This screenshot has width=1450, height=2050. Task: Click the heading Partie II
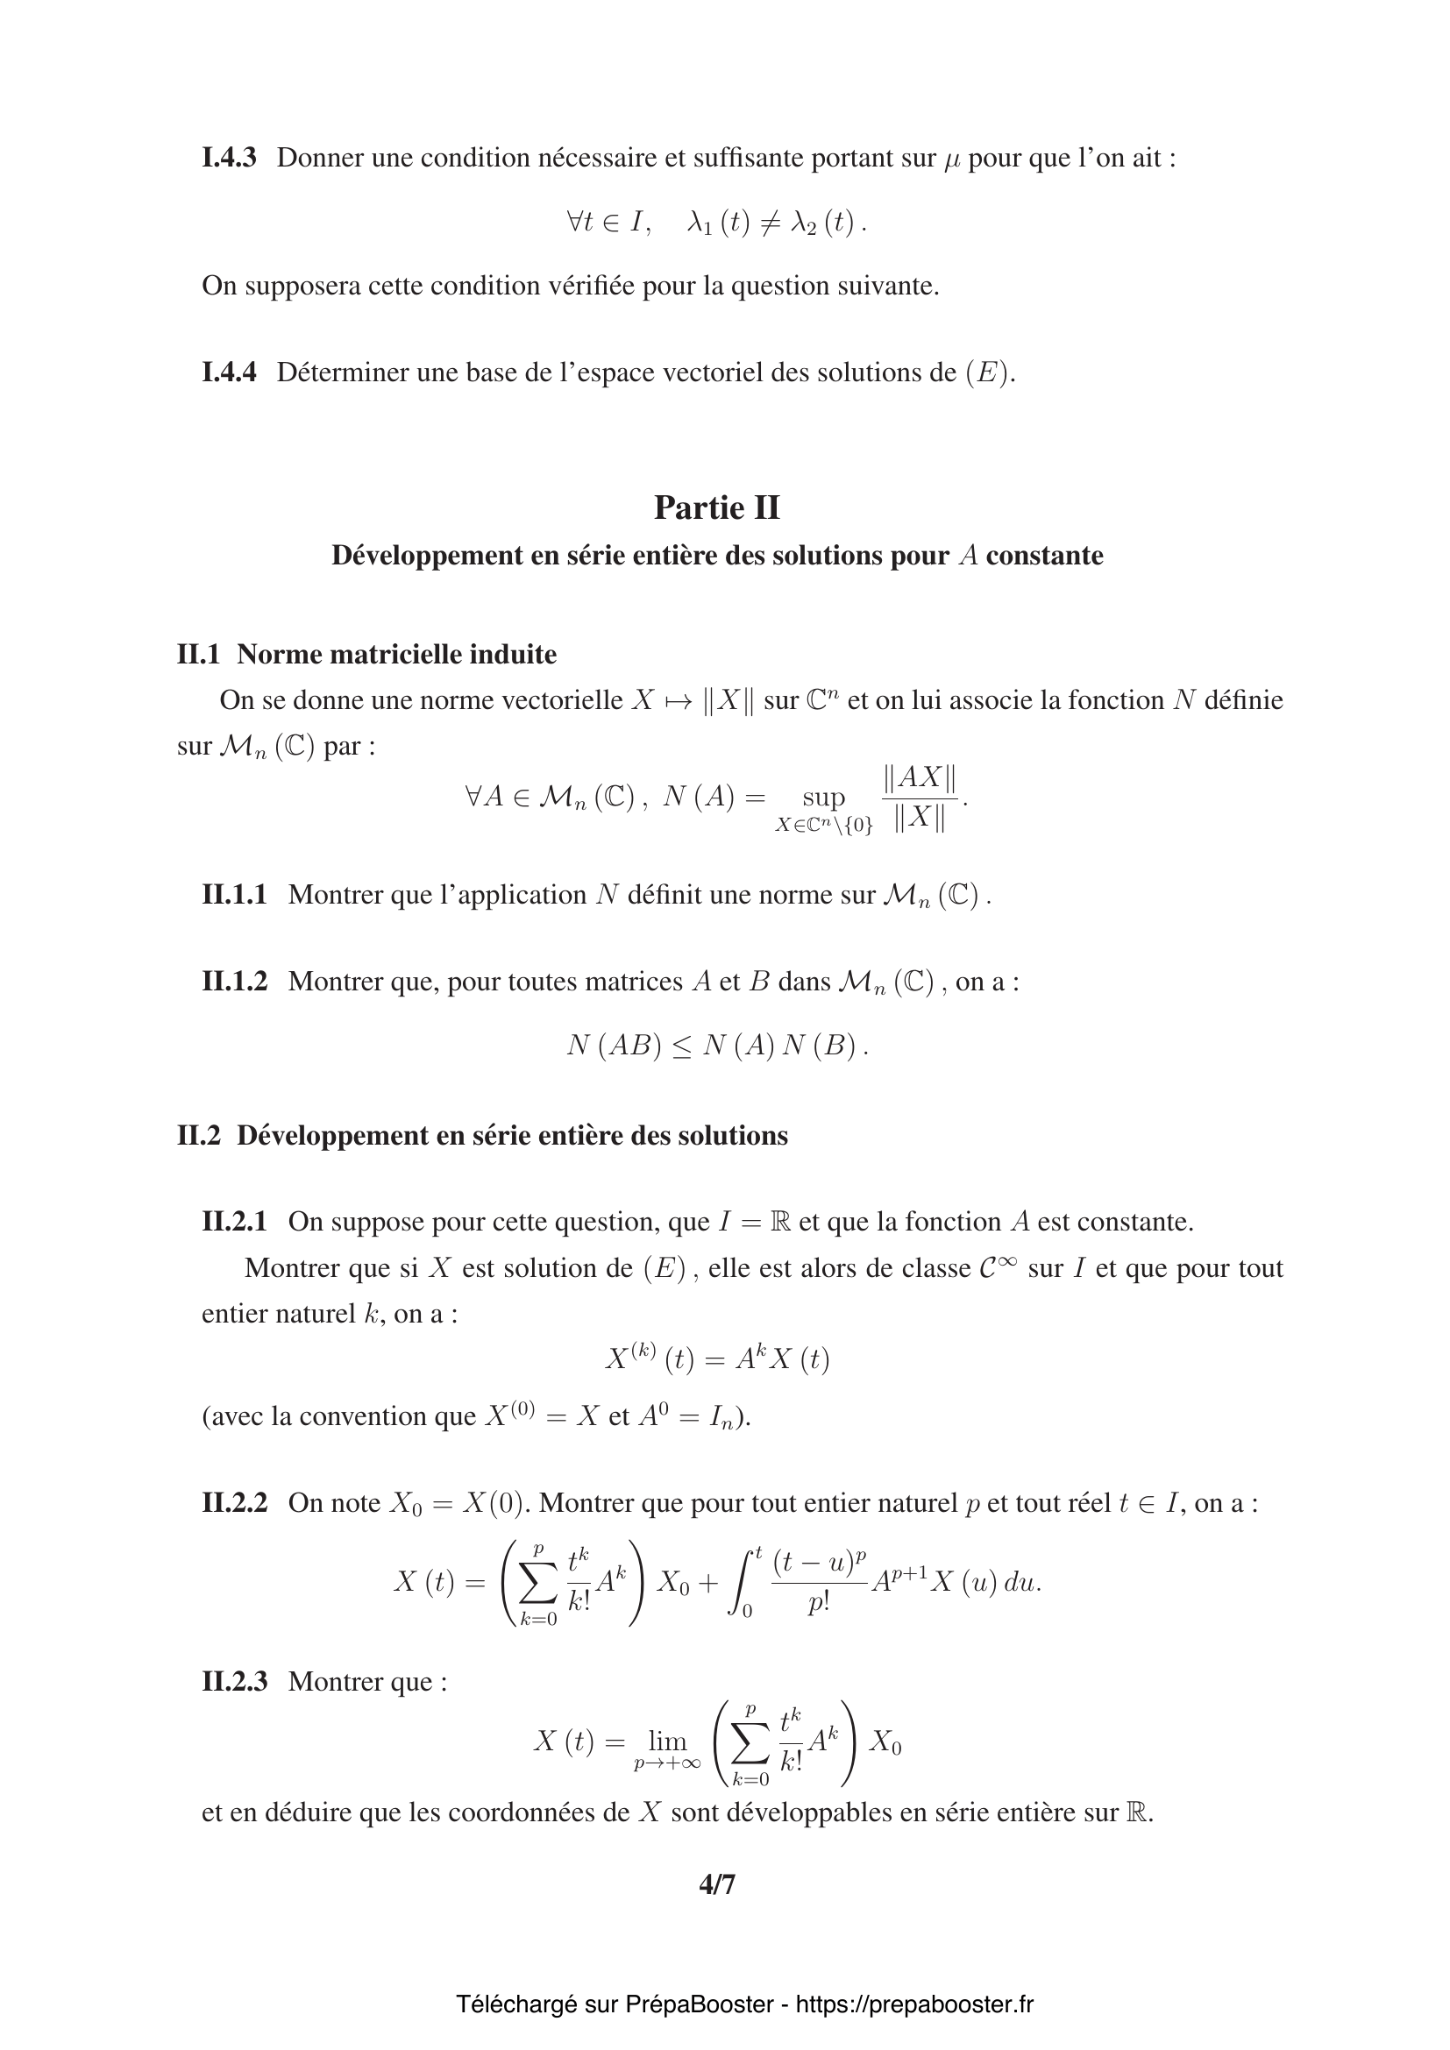[717, 508]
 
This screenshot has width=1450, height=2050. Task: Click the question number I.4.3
[229, 158]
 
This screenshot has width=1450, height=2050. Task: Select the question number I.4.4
[229, 372]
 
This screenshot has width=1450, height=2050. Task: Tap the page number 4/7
[717, 1884]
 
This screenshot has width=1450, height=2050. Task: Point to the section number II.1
[198, 655]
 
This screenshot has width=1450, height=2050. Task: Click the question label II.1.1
[234, 894]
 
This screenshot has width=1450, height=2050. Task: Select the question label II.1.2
[234, 982]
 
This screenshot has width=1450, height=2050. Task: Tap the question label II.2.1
[234, 1222]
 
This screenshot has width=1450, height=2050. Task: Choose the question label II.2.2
[234, 1503]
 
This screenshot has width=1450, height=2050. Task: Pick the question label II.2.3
[234, 1681]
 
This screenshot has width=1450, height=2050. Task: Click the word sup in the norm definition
[823, 797]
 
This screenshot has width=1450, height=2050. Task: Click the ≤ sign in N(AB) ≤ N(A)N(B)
[681, 1046]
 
